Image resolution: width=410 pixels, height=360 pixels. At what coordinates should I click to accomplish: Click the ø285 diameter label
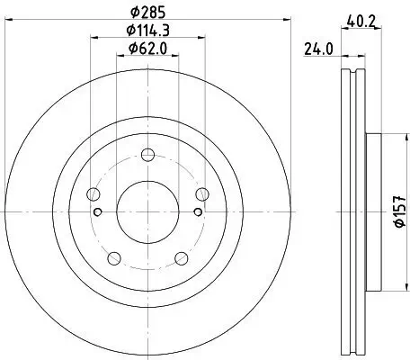point(149,13)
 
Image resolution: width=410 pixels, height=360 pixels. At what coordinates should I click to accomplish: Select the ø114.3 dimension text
point(149,30)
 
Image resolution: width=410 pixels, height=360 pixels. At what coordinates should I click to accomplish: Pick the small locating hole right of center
point(195,212)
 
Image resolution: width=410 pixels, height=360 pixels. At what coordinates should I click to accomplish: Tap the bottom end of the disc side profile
point(352,354)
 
